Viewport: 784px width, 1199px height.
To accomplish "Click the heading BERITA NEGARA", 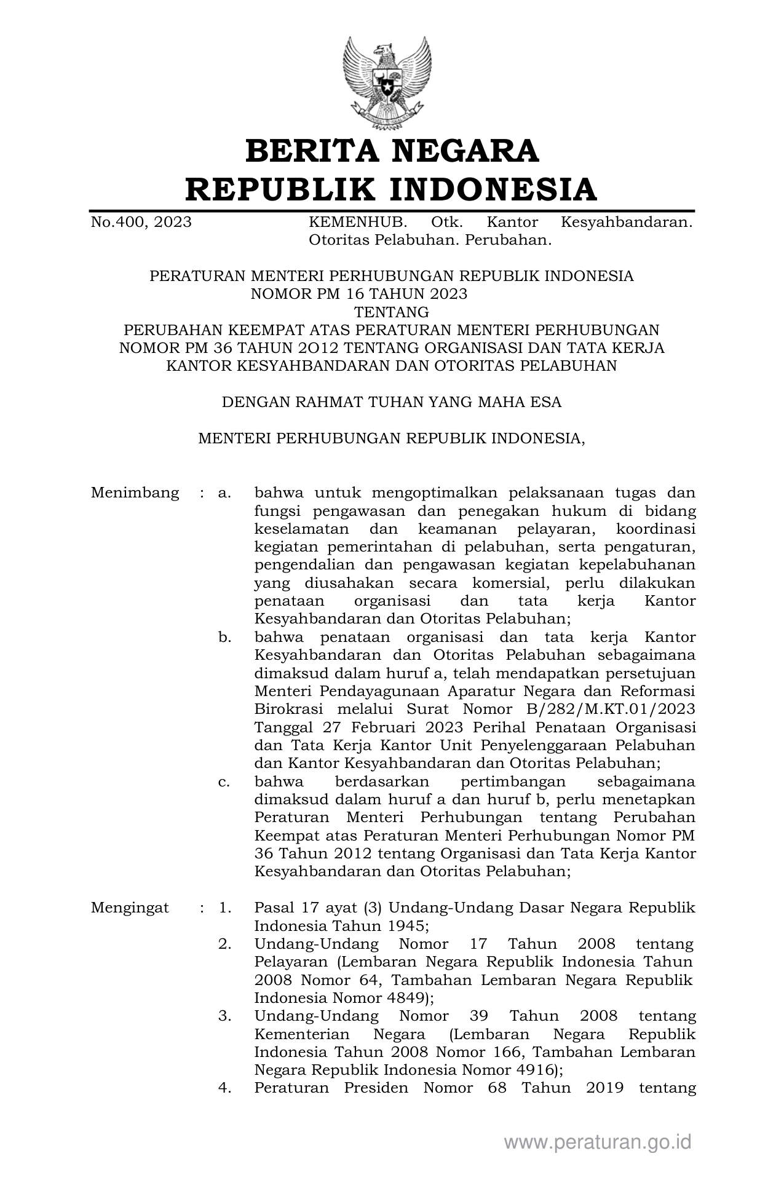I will [392, 151].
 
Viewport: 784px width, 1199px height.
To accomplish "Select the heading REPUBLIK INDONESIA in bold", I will [391, 189].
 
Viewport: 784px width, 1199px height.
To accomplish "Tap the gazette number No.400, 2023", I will [141, 222].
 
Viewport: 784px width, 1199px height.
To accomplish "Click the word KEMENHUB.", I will [357, 222].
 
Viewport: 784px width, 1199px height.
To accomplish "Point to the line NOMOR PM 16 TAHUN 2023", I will [359, 294].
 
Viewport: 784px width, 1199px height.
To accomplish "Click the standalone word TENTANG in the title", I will [392, 312].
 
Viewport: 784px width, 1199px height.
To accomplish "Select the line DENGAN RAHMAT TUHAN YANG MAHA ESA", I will [391, 402].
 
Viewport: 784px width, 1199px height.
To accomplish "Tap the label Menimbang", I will [135, 493].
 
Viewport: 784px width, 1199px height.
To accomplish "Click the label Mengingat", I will [130, 908].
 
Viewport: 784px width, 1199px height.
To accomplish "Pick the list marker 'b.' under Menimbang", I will [224, 637].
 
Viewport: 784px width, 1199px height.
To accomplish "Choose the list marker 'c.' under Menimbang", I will [224, 782].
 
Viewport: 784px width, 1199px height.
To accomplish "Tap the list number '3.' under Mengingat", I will [224, 1016].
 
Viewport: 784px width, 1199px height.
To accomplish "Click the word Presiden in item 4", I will [376, 1088].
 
